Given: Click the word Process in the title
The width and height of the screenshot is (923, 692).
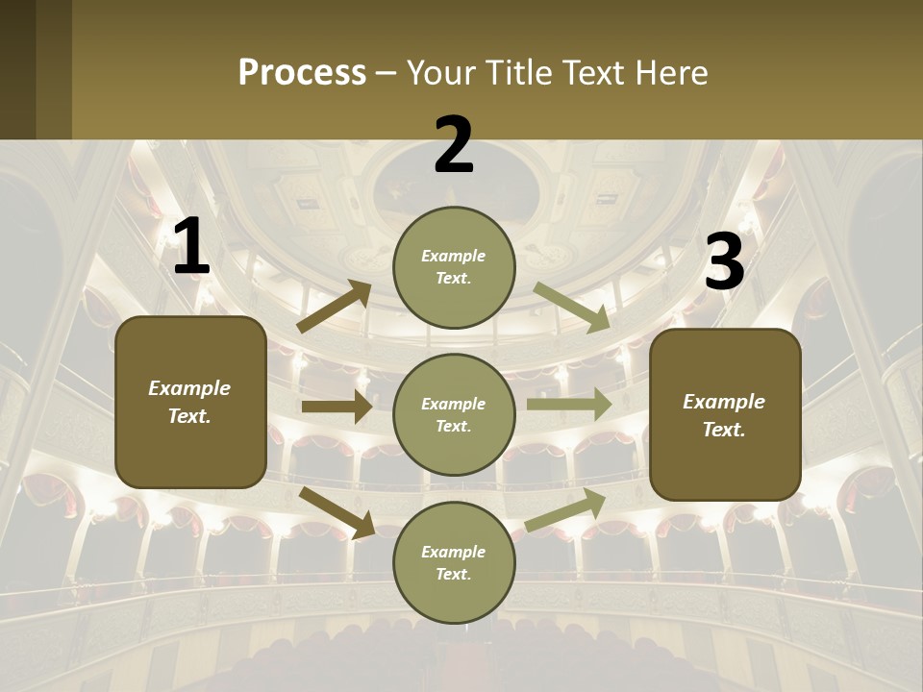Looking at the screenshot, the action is click(x=302, y=72).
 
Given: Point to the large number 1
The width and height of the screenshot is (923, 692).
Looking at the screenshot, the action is click(x=191, y=247).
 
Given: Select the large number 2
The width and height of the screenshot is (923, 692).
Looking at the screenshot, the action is click(x=454, y=145).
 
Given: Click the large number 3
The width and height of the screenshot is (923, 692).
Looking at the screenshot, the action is click(x=724, y=261).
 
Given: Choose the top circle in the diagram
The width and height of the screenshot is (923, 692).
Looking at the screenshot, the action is click(x=454, y=267).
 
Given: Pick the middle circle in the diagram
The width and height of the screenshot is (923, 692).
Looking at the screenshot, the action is click(x=454, y=415).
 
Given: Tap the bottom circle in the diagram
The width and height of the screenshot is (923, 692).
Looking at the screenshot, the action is click(x=454, y=563).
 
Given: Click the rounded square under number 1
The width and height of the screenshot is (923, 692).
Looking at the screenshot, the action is click(x=190, y=402).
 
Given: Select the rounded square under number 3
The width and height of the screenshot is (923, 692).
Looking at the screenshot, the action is click(x=725, y=415).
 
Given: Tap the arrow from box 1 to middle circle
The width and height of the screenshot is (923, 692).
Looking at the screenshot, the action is click(x=337, y=407).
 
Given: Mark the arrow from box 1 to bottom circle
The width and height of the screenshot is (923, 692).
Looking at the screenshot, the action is click(x=337, y=512).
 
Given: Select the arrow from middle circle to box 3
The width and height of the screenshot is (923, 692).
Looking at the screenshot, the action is click(x=568, y=404).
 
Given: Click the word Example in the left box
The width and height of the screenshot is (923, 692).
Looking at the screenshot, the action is click(x=189, y=388).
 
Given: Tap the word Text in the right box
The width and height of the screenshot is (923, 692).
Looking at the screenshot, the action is click(x=724, y=430).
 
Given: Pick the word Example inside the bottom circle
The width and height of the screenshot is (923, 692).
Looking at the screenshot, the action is click(x=453, y=552).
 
